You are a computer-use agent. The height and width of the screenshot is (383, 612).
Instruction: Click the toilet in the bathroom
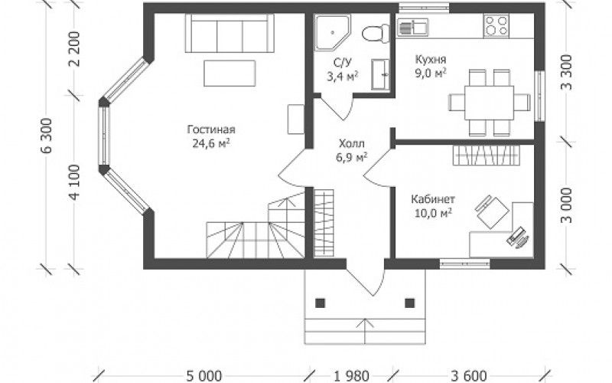click(376, 33)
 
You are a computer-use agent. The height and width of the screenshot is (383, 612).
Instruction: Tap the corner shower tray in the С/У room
click(332, 32)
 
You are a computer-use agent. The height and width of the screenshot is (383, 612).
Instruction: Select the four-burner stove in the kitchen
click(496, 25)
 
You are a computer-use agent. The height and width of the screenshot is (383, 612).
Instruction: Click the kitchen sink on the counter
click(412, 27)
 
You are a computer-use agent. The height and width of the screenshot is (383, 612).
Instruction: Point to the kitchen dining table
click(489, 103)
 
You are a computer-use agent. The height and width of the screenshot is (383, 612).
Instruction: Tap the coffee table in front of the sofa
click(229, 73)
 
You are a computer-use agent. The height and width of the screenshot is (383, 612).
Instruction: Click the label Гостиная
click(211, 129)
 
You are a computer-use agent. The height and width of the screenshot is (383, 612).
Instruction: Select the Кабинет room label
click(433, 199)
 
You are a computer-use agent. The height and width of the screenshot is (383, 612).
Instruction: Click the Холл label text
click(352, 143)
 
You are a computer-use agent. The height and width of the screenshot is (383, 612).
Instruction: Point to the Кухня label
click(431, 60)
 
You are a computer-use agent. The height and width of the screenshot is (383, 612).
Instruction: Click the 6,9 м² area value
click(351, 157)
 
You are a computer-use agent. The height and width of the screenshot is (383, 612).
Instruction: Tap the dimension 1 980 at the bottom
click(351, 376)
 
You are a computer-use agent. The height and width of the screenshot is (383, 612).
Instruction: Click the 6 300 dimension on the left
click(47, 135)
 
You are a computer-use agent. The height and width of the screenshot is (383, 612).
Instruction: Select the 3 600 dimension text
click(468, 376)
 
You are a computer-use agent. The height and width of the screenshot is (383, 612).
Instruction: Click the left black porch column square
click(320, 303)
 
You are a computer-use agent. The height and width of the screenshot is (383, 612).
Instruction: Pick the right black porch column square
click(409, 303)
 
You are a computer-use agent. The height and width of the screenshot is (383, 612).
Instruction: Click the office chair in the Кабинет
click(492, 211)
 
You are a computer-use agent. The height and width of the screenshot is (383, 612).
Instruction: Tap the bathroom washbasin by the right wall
click(380, 74)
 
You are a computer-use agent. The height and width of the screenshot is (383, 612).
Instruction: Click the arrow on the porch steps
click(365, 332)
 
